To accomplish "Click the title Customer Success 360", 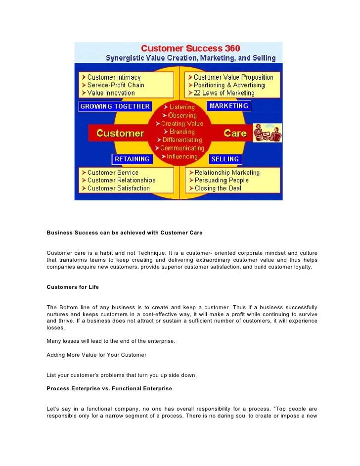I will point(190,48).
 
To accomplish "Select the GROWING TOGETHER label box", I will point(115,106).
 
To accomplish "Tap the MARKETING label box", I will point(228,106).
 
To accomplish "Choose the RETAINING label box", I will point(132,159).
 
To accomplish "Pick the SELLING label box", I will point(225,159).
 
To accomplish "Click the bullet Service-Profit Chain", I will point(116,85).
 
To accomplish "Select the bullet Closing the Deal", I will point(218,188).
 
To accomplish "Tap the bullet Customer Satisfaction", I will point(118,188).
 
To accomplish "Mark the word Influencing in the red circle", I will point(181,157).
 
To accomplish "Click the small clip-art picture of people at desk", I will point(267,133).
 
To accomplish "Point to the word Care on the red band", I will point(235,133).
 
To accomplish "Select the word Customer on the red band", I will point(120,133).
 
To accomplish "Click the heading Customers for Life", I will point(73,287).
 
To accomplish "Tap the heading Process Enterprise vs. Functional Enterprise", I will point(109,389).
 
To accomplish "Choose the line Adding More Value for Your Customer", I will point(96,355).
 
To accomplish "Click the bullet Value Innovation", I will point(111,93).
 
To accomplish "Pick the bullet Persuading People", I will point(222,181).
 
